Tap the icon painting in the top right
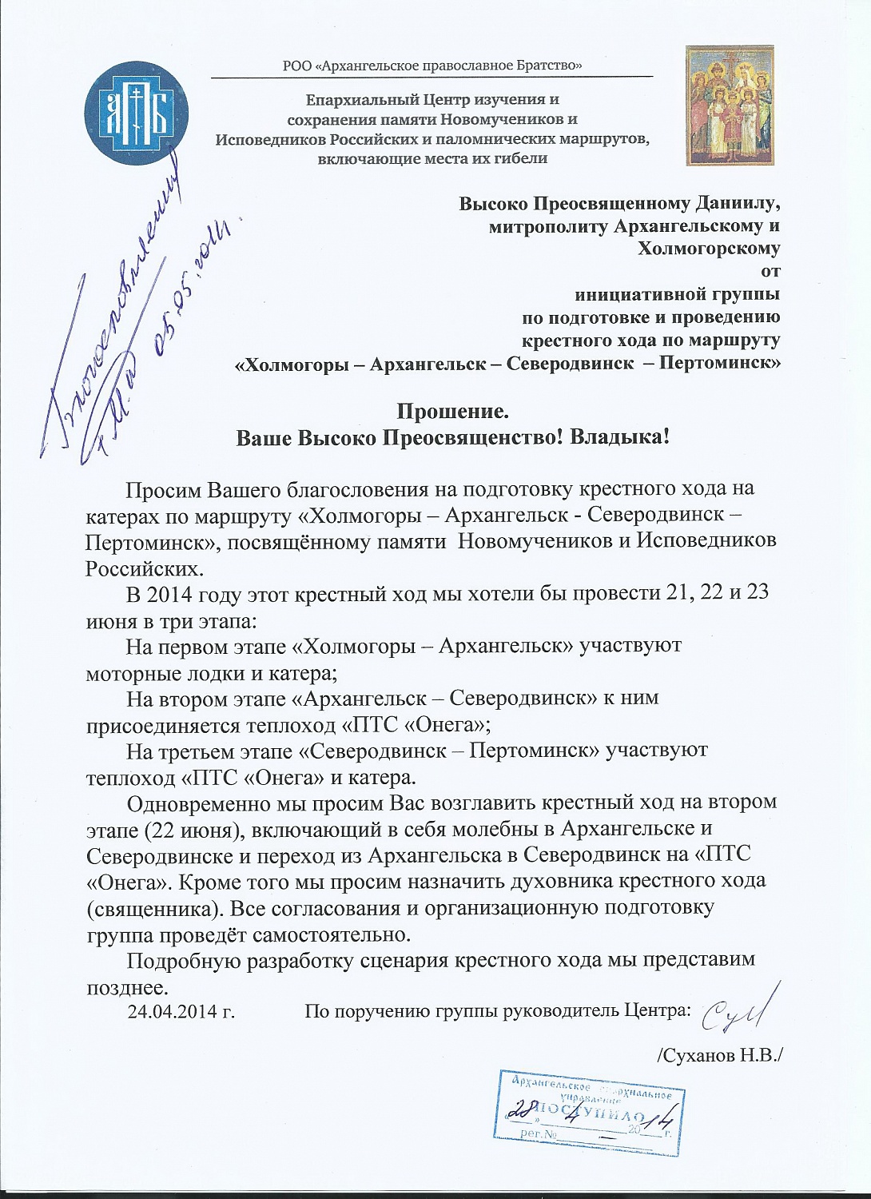pos(730,106)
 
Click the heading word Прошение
pos(453,412)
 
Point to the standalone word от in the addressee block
pos(770,272)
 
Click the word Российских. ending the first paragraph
pos(145,569)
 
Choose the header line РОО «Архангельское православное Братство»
pos(432,66)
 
